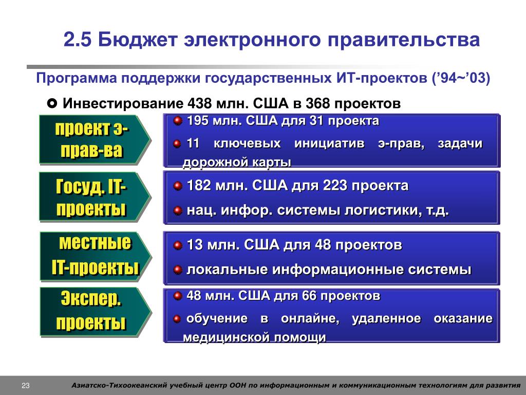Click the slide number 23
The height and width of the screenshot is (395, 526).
click(x=26, y=386)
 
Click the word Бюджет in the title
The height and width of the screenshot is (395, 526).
click(x=138, y=40)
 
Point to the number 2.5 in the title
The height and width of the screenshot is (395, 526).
click(x=78, y=40)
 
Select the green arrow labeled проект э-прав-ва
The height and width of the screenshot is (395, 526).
click(x=95, y=139)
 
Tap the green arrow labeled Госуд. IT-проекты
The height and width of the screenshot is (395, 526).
click(x=95, y=196)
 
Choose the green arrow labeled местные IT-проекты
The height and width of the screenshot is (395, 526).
click(x=96, y=256)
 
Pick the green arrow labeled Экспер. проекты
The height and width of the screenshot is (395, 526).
click(x=96, y=312)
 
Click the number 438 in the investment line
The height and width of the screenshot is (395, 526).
click(x=199, y=103)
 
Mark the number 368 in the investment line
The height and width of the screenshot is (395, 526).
click(x=317, y=103)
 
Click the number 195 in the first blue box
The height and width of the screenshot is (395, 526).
click(x=197, y=120)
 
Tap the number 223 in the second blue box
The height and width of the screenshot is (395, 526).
click(x=335, y=185)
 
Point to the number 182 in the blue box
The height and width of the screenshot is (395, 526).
click(x=199, y=185)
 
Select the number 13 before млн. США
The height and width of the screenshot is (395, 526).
click(x=195, y=244)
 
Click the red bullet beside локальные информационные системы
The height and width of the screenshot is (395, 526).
click(x=177, y=270)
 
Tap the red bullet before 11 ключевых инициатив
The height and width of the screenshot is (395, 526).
click(x=177, y=144)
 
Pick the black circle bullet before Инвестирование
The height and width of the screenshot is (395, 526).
click(x=52, y=103)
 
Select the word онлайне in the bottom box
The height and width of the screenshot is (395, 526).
click(x=310, y=318)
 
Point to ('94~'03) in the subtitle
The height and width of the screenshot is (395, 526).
click(x=461, y=78)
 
